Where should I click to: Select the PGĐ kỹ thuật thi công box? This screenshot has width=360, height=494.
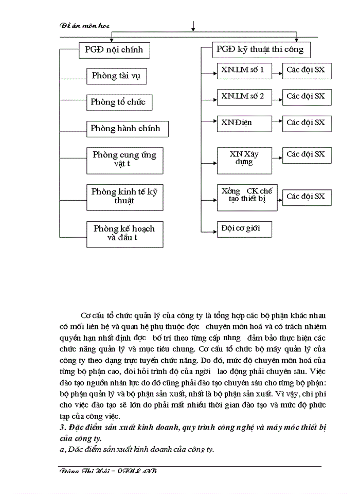260,50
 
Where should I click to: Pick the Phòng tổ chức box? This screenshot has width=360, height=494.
118,102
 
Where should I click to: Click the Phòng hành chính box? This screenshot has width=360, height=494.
125,129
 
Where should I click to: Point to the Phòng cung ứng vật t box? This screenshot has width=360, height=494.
124,160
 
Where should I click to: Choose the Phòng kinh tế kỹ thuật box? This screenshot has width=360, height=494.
124,197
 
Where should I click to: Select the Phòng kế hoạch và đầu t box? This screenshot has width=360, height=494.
124,233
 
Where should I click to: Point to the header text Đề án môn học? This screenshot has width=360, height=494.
85,25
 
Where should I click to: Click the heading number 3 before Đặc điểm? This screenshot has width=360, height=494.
62,428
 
